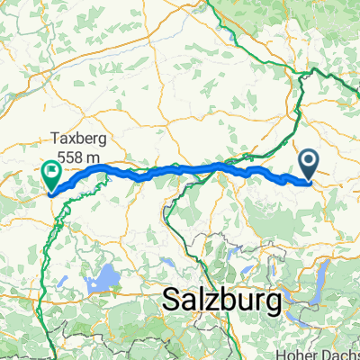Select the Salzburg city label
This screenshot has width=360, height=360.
click(222, 301)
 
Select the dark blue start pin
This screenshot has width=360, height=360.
click(309, 165)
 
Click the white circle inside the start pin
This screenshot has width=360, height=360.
click(309, 161)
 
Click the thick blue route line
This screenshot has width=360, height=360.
click(180, 168)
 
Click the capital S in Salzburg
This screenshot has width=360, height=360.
click(171, 301)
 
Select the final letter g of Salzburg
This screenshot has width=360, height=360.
click(273, 304)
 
